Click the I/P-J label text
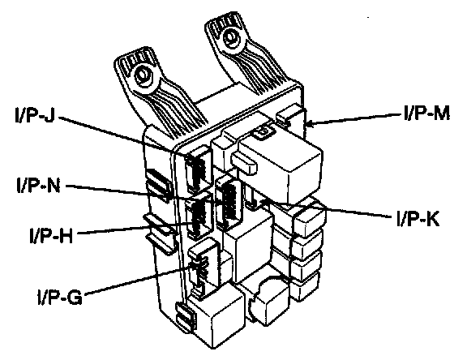(35, 114)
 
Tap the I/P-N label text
(38, 186)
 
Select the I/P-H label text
(51, 235)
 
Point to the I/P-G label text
(59, 297)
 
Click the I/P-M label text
(426, 113)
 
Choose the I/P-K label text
(418, 219)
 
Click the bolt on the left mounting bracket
(143, 75)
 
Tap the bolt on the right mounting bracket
(230, 37)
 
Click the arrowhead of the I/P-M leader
(310, 123)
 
